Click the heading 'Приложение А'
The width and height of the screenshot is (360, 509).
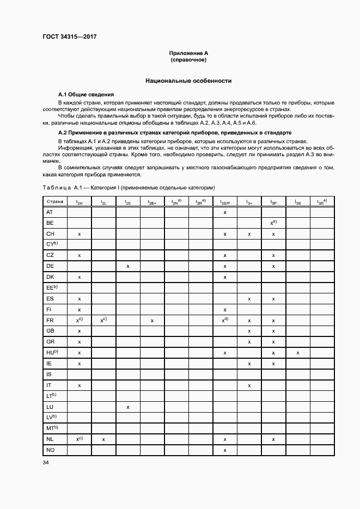188,53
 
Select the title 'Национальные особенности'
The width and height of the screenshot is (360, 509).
188,81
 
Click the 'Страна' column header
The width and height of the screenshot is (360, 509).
54,201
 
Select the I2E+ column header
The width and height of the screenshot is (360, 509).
152,202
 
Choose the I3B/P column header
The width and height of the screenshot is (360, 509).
224,202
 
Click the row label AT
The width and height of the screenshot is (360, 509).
50,212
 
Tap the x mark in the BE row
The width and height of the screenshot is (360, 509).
273,223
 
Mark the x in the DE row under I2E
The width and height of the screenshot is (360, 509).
127,266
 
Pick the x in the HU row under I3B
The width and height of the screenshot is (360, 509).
298,353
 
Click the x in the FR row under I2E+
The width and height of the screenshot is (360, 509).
152,321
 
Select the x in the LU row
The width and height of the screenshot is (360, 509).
127,407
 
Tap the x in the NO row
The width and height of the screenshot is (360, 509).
224,450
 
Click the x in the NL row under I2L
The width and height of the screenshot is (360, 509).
103,439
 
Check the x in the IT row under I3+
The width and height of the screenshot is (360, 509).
249,385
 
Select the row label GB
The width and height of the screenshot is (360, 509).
50,331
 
